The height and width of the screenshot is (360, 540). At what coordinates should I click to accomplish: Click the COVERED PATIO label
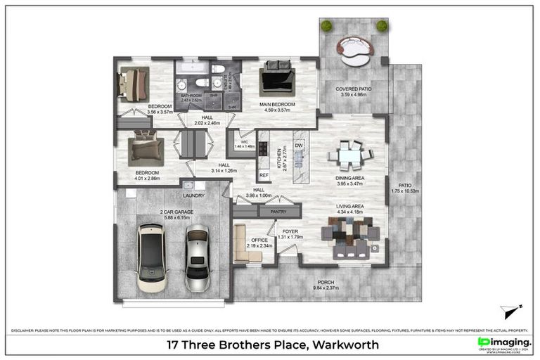click(x=353, y=89)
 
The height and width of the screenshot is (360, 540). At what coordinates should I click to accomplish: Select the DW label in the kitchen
click(x=298, y=145)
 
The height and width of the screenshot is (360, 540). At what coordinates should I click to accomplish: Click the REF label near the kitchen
click(x=264, y=174)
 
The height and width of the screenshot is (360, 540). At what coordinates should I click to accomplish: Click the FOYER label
click(x=290, y=230)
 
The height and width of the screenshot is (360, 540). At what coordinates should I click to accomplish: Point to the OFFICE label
click(x=260, y=240)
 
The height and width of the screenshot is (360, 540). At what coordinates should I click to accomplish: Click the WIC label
click(x=244, y=141)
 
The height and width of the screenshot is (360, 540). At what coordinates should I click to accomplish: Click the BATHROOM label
click(x=191, y=95)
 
